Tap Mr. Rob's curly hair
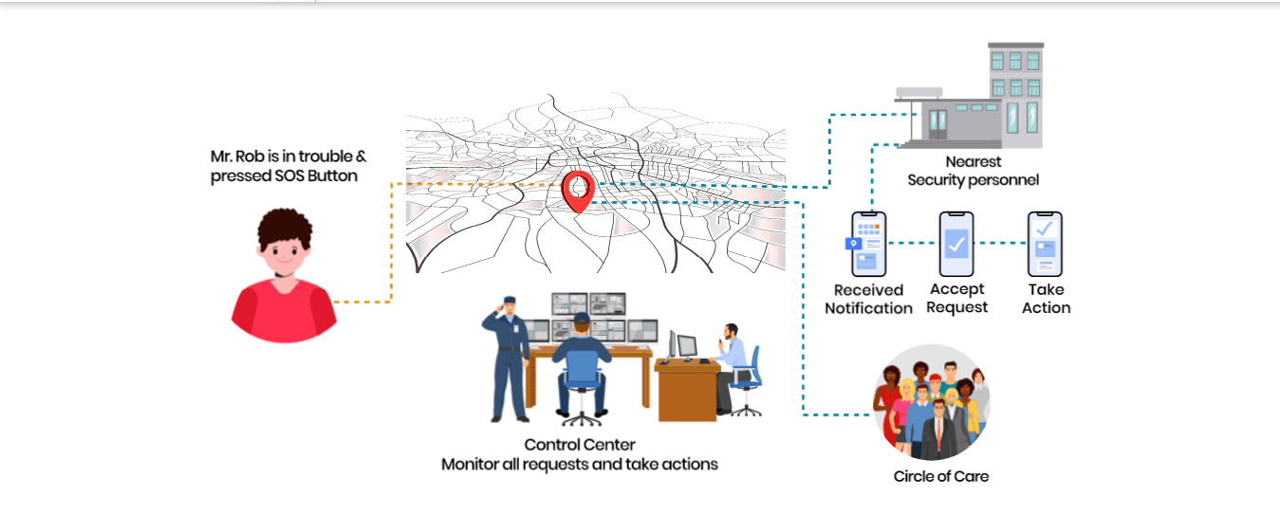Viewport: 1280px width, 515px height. tap(286, 228)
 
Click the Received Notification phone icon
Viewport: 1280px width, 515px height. tap(867, 244)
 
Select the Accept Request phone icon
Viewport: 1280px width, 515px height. tap(956, 243)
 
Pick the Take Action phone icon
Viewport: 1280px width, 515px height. tap(1045, 243)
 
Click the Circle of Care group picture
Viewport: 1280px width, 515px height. tap(931, 402)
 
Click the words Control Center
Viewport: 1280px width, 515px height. tap(580, 445)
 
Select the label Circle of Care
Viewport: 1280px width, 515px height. tap(940, 476)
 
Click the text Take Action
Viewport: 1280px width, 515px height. tap(1046, 299)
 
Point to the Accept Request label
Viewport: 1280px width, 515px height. tap(956, 299)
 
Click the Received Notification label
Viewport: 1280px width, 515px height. tap(868, 299)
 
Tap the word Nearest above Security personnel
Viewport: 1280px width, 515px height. tap(973, 162)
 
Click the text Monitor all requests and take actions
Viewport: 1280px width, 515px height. tap(580, 465)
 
